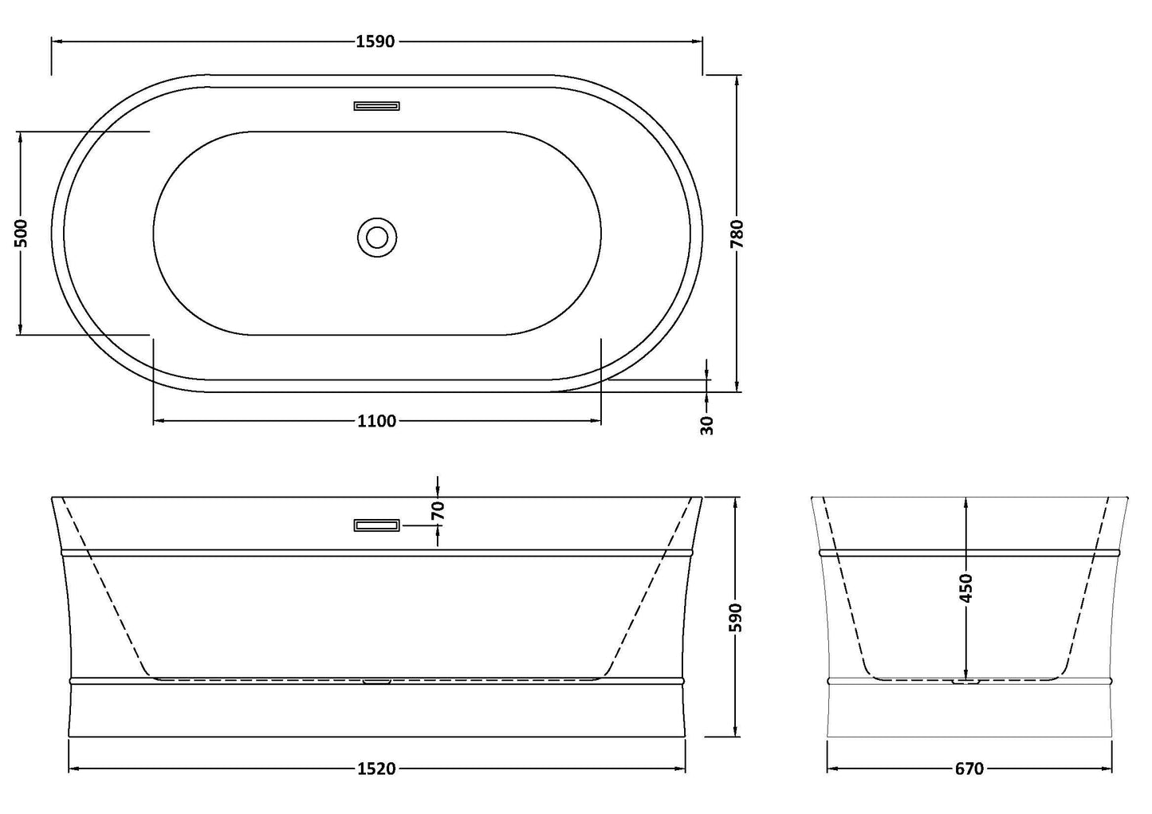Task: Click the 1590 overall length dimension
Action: pyautogui.click(x=375, y=41)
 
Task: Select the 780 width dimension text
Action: pyautogui.click(x=737, y=234)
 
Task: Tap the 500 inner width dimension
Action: pyautogui.click(x=22, y=233)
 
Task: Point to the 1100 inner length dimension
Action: pyautogui.click(x=377, y=421)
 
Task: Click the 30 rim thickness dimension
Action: pyautogui.click(x=707, y=425)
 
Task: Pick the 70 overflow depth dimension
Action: pyautogui.click(x=437, y=510)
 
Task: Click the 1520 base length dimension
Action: pyautogui.click(x=377, y=769)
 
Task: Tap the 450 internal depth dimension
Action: pyautogui.click(x=966, y=588)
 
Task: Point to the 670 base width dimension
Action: pyautogui.click(x=969, y=769)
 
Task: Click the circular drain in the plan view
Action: pyautogui.click(x=376, y=237)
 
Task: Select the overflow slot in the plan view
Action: pyautogui.click(x=376, y=105)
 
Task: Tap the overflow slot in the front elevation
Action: pyautogui.click(x=376, y=525)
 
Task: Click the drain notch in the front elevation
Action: pyautogui.click(x=376, y=681)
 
